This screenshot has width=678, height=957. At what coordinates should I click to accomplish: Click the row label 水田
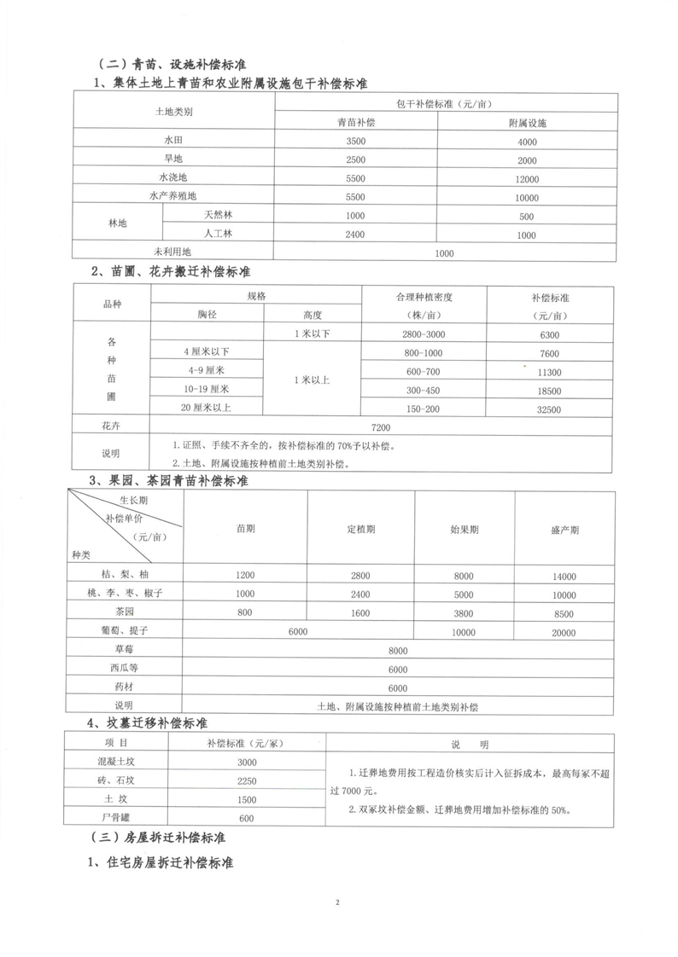pyautogui.click(x=174, y=142)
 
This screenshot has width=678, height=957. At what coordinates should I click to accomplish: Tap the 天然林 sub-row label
pyautogui.click(x=213, y=216)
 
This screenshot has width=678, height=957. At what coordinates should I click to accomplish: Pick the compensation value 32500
pyautogui.click(x=550, y=409)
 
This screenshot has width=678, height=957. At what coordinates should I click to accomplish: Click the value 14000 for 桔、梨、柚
pyautogui.click(x=564, y=576)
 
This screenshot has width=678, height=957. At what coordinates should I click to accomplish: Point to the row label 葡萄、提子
pyautogui.click(x=125, y=630)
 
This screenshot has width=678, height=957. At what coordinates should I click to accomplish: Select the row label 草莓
pyautogui.click(x=125, y=650)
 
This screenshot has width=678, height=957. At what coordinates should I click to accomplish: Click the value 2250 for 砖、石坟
pyautogui.click(x=246, y=780)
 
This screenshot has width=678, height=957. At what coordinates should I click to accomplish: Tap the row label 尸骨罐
pyautogui.click(x=115, y=819)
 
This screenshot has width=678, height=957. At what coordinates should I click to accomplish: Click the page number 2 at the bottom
pyautogui.click(x=338, y=902)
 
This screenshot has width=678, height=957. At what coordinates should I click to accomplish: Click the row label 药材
pyautogui.click(x=125, y=687)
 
